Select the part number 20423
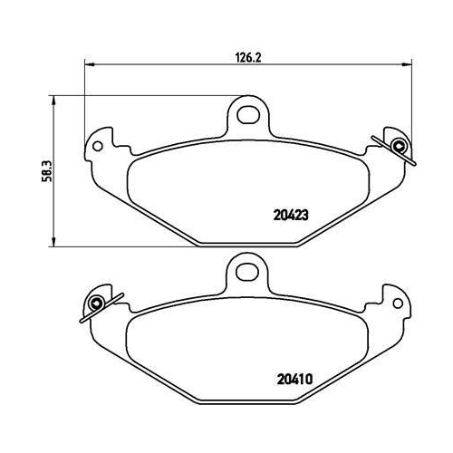tap(291, 216)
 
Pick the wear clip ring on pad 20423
tap(398, 148)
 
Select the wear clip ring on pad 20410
tap(96, 302)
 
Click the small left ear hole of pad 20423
tap(99, 143)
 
